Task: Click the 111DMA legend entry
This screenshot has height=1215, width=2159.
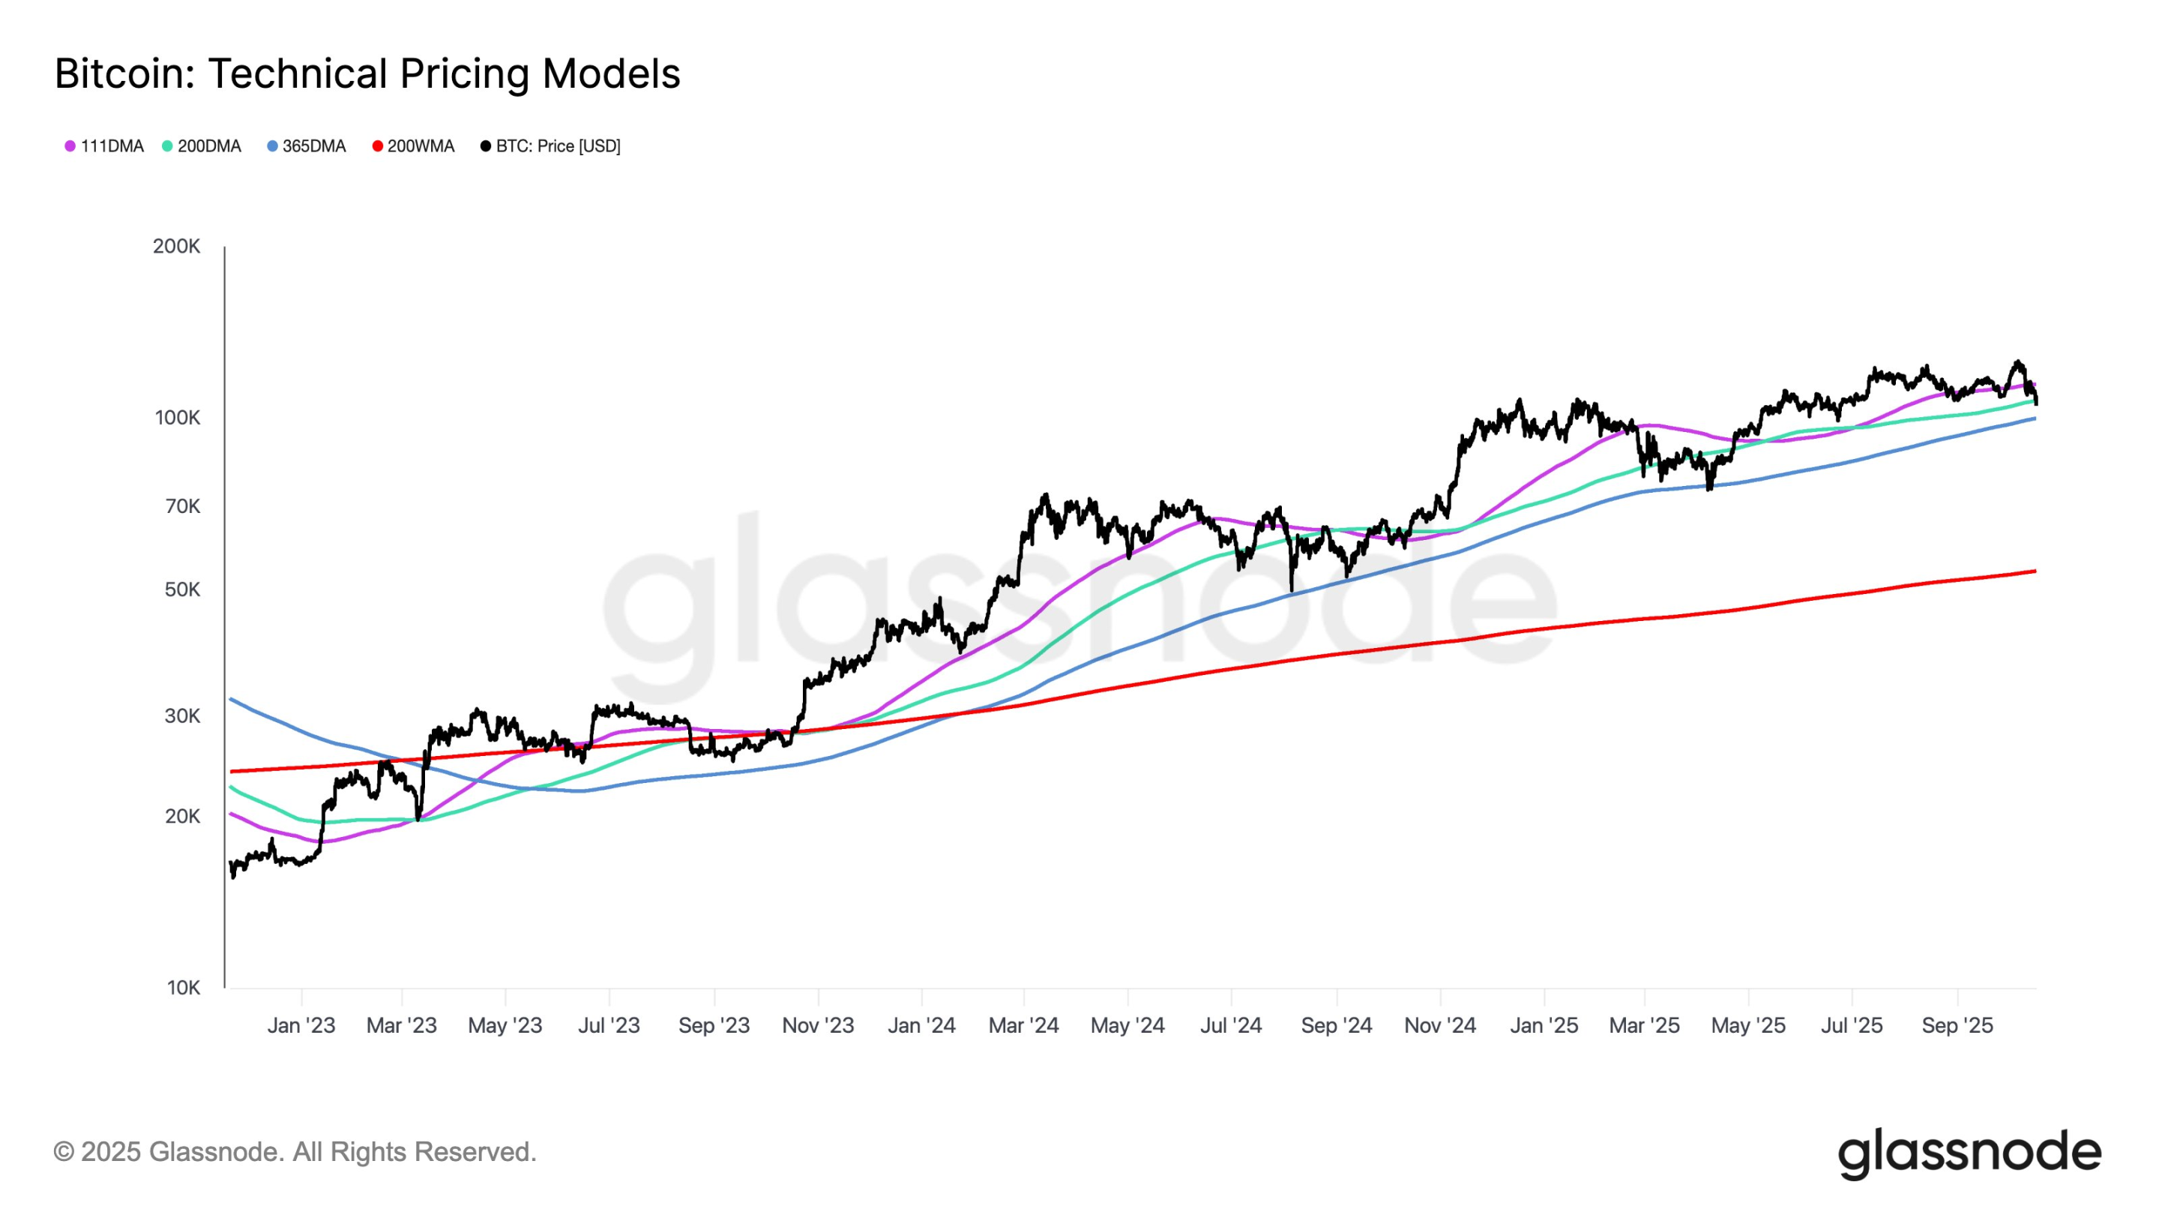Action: coord(104,146)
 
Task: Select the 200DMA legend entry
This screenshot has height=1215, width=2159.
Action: coord(201,146)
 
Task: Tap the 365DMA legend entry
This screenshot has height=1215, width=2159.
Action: coord(306,146)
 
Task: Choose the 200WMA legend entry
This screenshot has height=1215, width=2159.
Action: coord(413,146)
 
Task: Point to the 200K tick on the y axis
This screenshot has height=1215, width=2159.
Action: coord(177,247)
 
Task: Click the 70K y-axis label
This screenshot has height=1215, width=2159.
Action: coord(182,506)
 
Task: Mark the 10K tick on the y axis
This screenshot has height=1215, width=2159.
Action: coord(183,988)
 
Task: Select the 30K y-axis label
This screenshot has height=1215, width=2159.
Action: coord(182,716)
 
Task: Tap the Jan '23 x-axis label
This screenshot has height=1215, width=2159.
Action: coord(301,1025)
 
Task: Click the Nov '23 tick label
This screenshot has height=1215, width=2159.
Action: coord(818,1025)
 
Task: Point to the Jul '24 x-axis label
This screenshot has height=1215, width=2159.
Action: coord(1230,1025)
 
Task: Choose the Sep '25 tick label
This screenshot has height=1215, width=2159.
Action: coord(1957,1025)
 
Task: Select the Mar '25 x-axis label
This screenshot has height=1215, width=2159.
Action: coord(1645,1025)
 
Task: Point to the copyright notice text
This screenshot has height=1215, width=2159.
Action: coord(295,1152)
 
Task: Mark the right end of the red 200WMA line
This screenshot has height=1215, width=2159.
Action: coord(2035,571)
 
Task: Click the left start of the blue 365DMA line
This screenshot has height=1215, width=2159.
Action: coord(232,698)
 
